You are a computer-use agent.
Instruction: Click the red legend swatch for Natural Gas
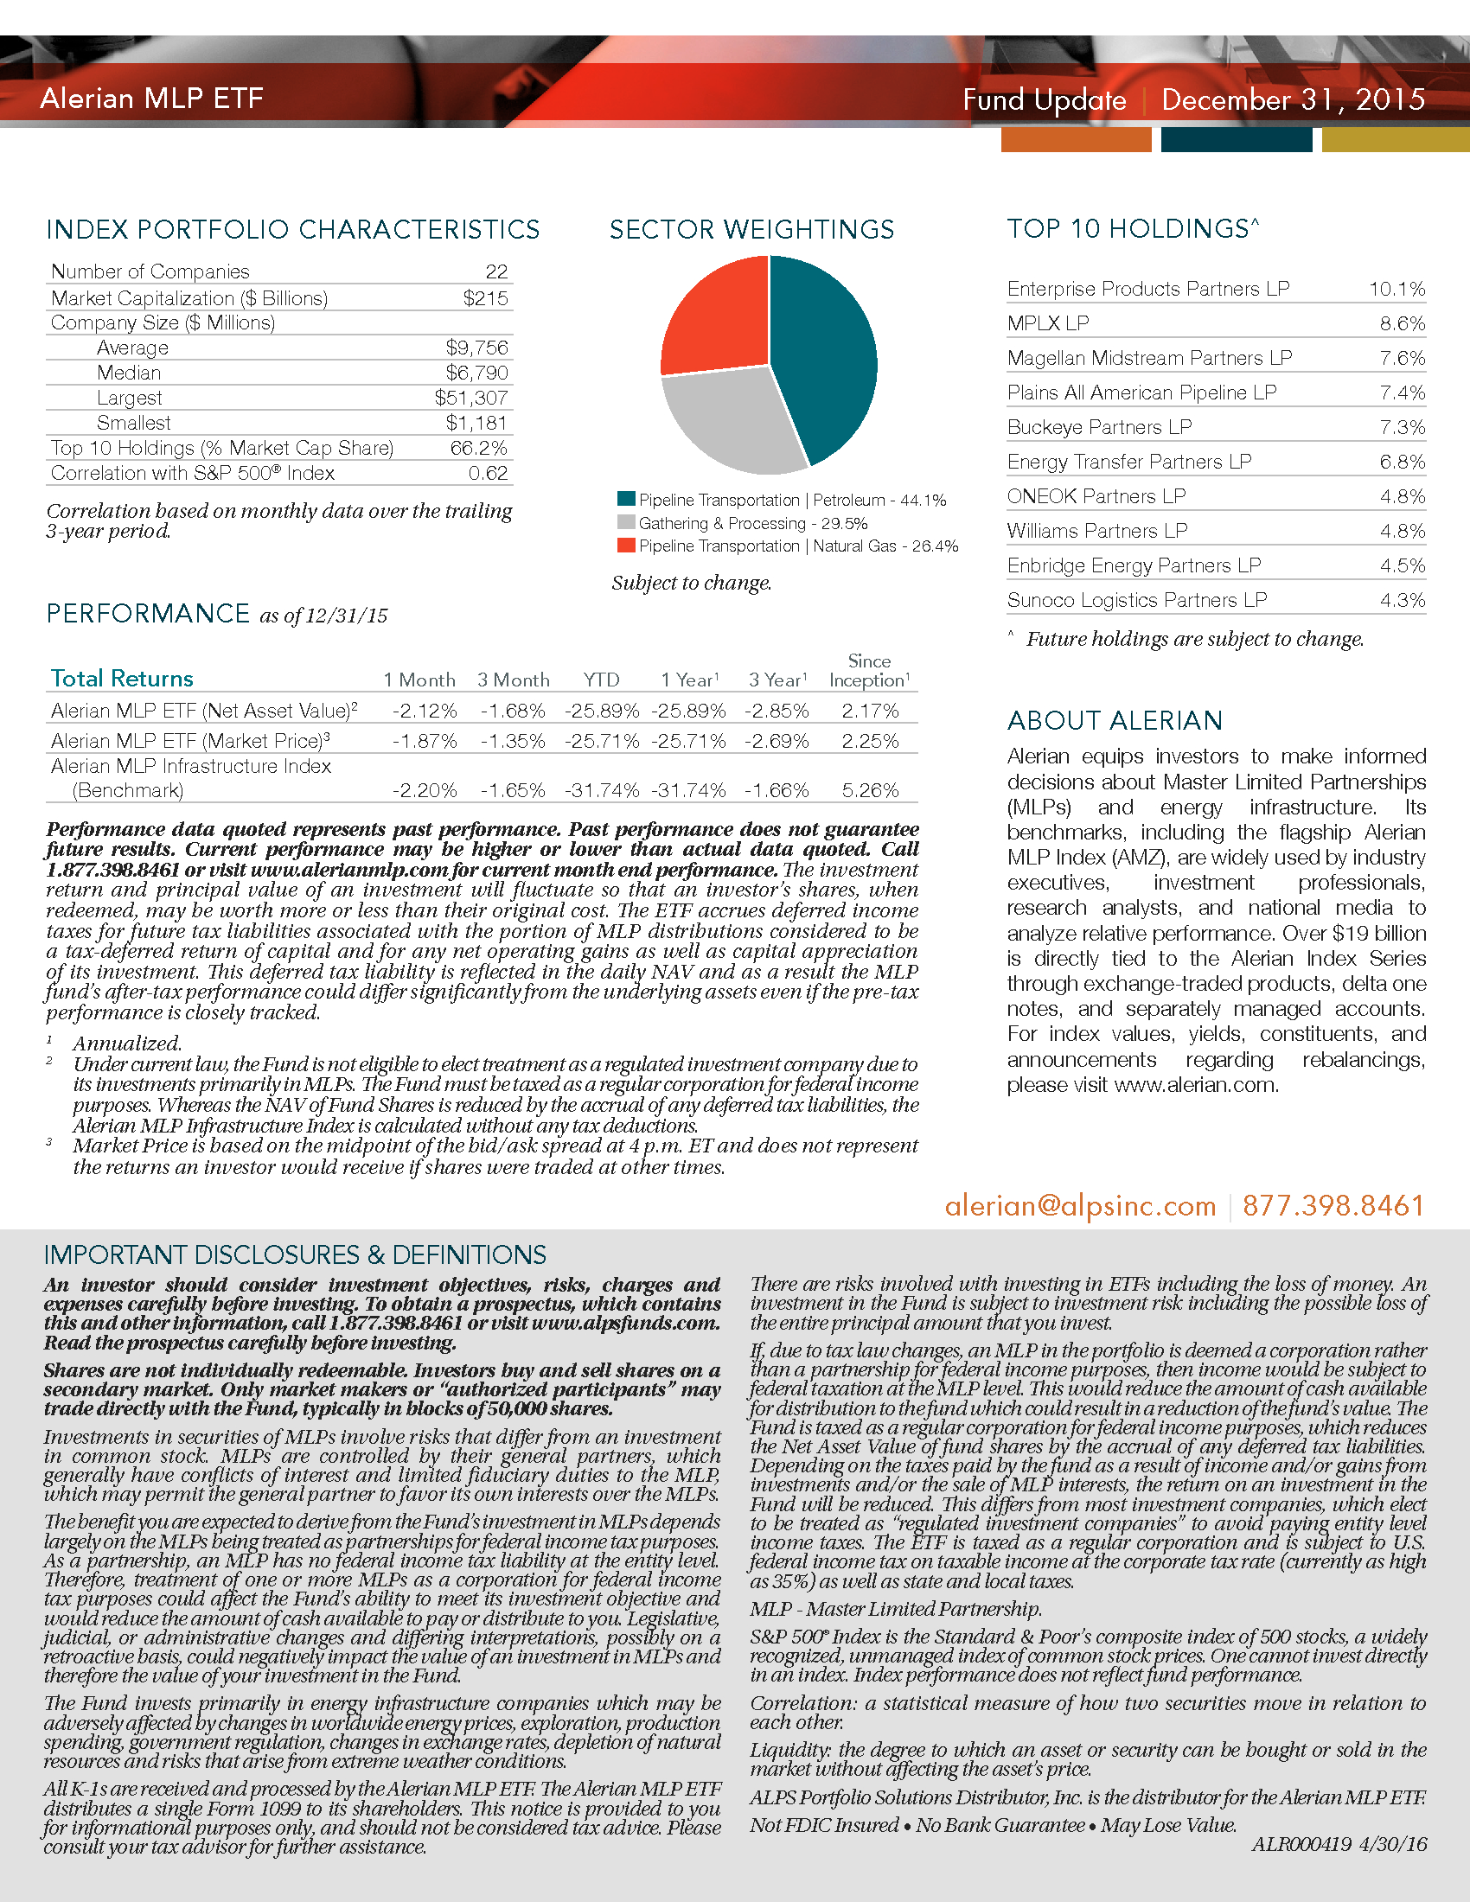[625, 546]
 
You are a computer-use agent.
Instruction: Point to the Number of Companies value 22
[496, 271]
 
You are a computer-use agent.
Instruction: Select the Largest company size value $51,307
[471, 398]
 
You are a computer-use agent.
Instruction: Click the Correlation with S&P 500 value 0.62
[488, 473]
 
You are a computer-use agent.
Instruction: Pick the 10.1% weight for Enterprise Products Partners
[1396, 289]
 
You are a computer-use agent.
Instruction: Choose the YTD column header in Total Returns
[601, 680]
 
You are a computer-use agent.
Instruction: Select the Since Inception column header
[869, 672]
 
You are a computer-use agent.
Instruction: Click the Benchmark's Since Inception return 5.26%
[870, 791]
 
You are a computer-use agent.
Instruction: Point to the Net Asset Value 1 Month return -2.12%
[424, 712]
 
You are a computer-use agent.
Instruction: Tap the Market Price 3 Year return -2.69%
[777, 741]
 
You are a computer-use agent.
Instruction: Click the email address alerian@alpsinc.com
[1080, 1205]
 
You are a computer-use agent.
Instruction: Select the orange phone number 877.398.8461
[1333, 1205]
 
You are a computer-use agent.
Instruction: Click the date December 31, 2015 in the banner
[1293, 99]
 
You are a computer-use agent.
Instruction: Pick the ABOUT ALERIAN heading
[1115, 721]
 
